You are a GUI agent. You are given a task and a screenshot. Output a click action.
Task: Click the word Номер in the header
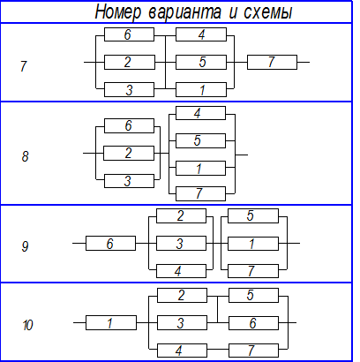click(118, 12)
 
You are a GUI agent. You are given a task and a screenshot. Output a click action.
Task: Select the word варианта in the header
click(184, 13)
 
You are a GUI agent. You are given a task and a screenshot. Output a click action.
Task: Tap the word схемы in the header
click(267, 13)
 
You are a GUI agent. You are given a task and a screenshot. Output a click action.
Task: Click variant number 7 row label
click(24, 66)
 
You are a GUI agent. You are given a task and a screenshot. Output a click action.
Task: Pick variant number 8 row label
click(25, 156)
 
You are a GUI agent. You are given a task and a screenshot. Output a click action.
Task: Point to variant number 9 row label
click(25, 246)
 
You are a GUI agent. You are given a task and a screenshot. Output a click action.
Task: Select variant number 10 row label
click(27, 325)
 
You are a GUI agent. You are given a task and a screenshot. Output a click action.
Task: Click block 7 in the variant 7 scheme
click(272, 62)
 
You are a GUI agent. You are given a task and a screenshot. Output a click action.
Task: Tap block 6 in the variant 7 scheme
click(129, 34)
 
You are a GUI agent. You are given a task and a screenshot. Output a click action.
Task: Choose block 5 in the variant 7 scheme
click(201, 62)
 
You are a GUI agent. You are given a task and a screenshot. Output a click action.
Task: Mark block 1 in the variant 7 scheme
click(201, 89)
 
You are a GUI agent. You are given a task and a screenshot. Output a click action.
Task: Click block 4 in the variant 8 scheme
click(200, 113)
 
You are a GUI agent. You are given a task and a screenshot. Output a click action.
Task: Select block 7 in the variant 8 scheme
click(200, 193)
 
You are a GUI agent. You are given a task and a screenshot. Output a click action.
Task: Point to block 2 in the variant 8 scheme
click(129, 153)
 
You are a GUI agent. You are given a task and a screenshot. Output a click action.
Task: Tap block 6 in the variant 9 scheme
click(110, 244)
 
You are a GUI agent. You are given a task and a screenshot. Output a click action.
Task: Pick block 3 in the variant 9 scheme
click(181, 244)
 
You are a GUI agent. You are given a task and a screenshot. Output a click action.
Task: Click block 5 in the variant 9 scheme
click(253, 216)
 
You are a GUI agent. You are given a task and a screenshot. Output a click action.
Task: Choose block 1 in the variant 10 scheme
click(111, 323)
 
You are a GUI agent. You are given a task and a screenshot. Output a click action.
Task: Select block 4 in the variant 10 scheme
click(182, 351)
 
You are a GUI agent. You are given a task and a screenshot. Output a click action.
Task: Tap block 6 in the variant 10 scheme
click(253, 323)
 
